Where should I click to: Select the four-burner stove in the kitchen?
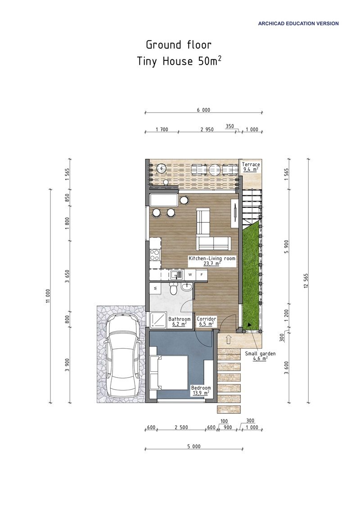tap(155, 255)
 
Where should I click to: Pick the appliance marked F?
tap(202, 274)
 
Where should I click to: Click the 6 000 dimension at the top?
tap(203, 110)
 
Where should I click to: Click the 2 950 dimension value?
tap(207, 129)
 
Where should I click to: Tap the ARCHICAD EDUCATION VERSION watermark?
tap(298, 23)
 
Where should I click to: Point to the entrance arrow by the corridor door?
tap(228, 338)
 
